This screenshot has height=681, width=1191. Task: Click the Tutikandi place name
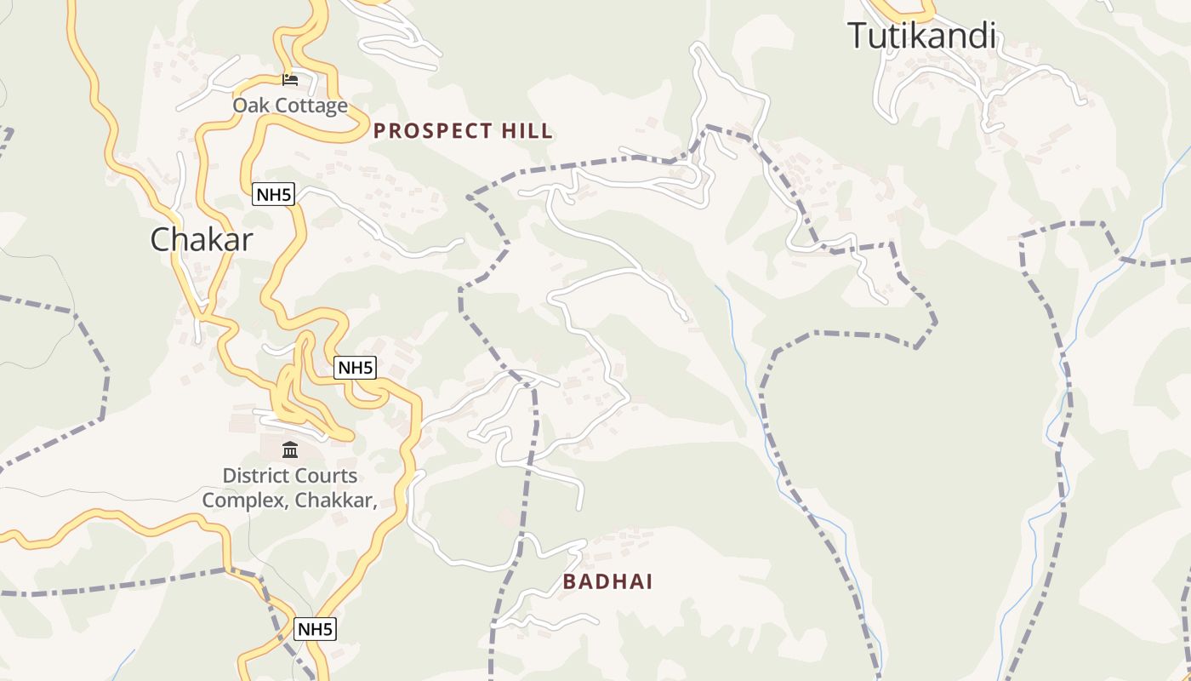click(x=921, y=36)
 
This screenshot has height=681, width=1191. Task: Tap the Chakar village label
click(x=202, y=239)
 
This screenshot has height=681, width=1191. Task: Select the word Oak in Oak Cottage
click(x=250, y=106)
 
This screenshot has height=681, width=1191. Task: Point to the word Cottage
click(x=310, y=106)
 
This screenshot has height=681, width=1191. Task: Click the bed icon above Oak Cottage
click(x=290, y=79)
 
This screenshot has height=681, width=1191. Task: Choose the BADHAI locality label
click(x=607, y=582)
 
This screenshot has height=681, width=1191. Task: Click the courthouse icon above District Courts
click(x=290, y=449)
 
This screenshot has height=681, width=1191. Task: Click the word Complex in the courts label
click(x=243, y=500)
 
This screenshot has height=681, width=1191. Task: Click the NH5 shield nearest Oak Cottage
click(x=273, y=194)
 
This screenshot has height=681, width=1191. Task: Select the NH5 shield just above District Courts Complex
click(x=355, y=368)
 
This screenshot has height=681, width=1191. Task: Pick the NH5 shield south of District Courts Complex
click(x=315, y=629)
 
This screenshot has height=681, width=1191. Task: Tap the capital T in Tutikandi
click(x=858, y=36)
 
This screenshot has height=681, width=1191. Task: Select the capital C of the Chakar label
click(x=162, y=239)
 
